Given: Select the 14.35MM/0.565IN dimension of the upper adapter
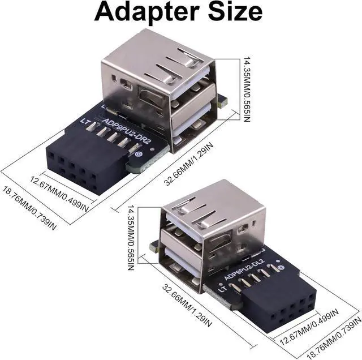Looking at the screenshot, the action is tap(247, 88).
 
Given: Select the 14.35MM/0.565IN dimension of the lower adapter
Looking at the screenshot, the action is tap(131, 238).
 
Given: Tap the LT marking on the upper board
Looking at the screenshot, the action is tap(85, 122).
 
